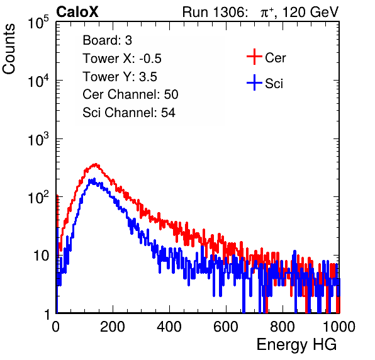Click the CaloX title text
pos(77,12)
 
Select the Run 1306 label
pos(215,12)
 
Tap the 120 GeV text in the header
pos(310,12)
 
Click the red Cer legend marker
pos(254,57)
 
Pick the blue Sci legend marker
pos(254,82)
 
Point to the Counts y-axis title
pos(9,49)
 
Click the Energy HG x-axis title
pos(296,345)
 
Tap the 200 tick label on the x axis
pos(113,327)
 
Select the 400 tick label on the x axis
pos(169,327)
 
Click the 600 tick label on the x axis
pos(226,327)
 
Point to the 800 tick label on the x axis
pos(283,327)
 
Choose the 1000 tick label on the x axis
pos(339,327)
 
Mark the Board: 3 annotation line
pos(107,40)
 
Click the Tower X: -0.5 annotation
pos(122,59)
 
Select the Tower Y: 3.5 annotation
pos(120,77)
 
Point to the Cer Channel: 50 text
pos(130,94)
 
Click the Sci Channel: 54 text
pos(129,113)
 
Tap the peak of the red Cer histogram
pos(96,164)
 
